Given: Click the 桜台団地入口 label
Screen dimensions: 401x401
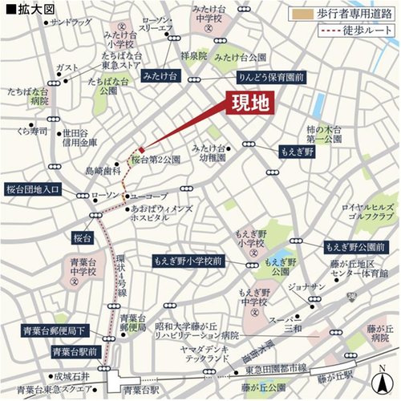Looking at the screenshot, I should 33,189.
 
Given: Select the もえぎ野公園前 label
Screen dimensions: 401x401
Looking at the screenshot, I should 356,245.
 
